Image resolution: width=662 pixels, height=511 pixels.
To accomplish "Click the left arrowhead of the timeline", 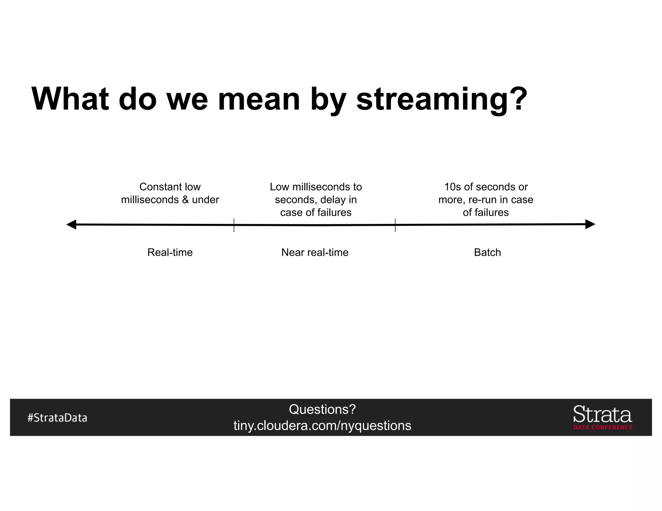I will click(x=71, y=224).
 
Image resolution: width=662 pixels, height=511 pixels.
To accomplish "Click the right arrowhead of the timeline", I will click(x=590, y=224).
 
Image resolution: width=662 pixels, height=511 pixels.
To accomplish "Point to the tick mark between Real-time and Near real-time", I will click(x=234, y=225).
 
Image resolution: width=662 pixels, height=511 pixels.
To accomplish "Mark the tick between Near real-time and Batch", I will click(x=395, y=225).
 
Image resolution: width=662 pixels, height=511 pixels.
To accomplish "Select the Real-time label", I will click(x=170, y=252).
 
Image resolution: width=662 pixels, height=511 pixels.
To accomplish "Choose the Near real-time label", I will click(x=315, y=252).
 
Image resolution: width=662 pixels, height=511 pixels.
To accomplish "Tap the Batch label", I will click(x=487, y=252).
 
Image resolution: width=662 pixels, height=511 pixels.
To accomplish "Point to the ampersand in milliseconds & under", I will click(x=185, y=200).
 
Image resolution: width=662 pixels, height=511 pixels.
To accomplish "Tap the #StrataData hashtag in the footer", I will click(x=57, y=418).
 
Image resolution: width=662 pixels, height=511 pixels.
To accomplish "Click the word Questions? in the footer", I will click(x=322, y=409).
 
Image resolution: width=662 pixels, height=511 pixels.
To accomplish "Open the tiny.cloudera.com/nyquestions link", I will click(x=322, y=426).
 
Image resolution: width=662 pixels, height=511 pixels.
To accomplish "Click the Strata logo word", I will click(x=602, y=414).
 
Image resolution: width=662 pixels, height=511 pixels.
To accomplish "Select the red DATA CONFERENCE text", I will click(x=603, y=427).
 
